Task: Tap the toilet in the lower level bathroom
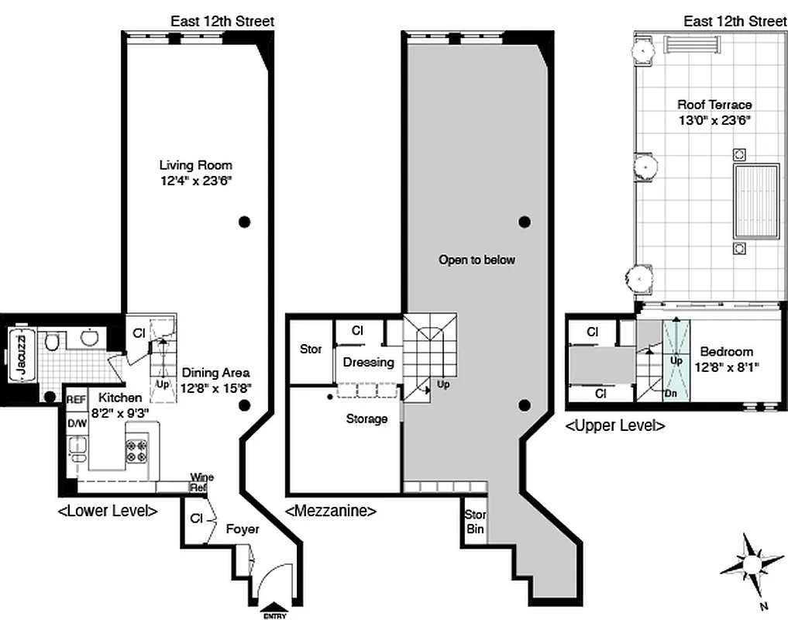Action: [53, 340]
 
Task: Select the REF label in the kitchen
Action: [75, 400]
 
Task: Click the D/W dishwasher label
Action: [77, 423]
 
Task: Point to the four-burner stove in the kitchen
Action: [136, 450]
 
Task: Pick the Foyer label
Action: [242, 529]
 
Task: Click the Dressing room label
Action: [368, 362]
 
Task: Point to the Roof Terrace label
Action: [714, 105]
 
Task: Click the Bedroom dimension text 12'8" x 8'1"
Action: [726, 367]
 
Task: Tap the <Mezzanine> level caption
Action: [331, 511]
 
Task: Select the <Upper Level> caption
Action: [615, 425]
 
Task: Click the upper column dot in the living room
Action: [245, 222]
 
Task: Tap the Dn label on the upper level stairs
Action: [670, 394]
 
